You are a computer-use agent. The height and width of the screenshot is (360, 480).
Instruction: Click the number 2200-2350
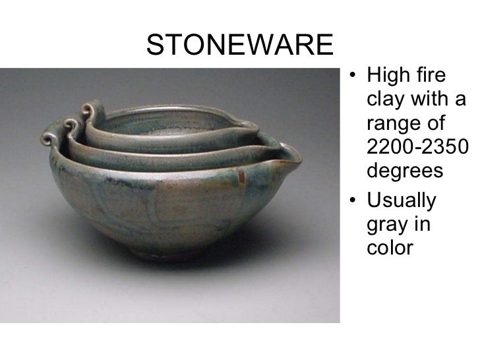pos(415,148)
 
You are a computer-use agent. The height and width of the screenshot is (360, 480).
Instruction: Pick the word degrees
pos(403,171)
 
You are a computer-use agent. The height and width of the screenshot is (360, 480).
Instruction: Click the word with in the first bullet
pos(429,101)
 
